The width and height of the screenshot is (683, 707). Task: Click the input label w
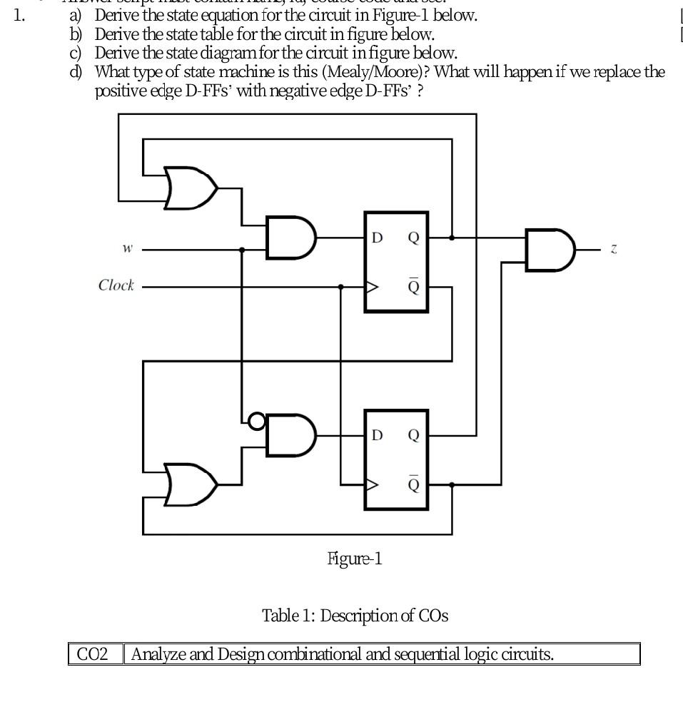click(x=127, y=249)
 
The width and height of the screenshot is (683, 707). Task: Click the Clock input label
click(x=116, y=285)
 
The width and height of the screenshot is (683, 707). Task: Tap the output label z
click(x=614, y=249)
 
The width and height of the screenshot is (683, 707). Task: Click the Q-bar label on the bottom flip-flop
click(x=414, y=484)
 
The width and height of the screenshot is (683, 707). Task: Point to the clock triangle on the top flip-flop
click(x=373, y=287)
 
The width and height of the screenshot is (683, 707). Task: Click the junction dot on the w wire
click(x=243, y=250)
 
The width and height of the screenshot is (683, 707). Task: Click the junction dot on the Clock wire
click(x=341, y=287)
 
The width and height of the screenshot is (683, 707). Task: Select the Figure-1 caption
click(x=355, y=559)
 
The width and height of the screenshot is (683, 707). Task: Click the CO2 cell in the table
click(x=96, y=653)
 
